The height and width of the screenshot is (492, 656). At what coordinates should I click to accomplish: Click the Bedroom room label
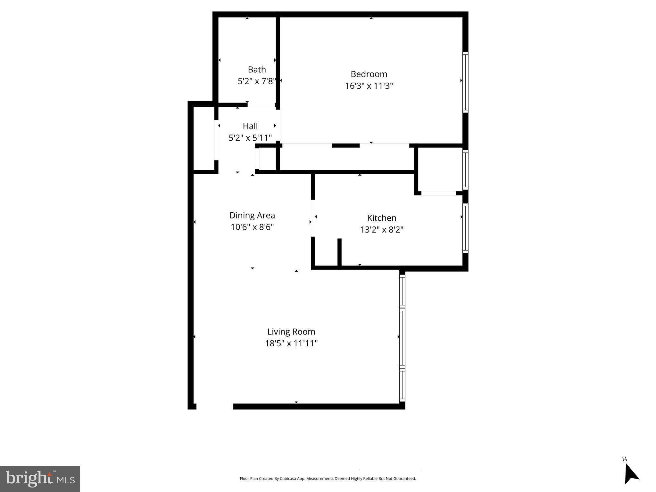point(369,74)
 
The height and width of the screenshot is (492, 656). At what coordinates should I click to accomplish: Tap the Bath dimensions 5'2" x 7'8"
point(257,81)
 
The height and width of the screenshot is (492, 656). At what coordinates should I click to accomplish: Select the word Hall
point(250,126)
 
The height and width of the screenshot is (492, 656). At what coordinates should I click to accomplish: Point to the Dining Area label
point(252,215)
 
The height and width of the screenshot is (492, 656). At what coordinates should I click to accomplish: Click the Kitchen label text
point(382,218)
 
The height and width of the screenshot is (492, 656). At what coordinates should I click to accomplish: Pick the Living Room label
point(291,332)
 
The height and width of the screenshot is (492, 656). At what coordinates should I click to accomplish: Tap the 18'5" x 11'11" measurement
point(291,343)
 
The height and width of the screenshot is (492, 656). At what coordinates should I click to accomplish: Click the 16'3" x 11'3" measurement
point(369,86)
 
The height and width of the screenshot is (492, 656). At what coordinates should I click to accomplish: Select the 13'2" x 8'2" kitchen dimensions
point(382,230)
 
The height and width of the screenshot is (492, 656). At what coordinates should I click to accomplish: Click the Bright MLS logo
point(40,479)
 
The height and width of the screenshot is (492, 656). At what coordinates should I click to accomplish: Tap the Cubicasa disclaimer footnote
point(328,479)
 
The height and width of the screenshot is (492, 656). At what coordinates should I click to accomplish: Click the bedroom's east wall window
point(465,82)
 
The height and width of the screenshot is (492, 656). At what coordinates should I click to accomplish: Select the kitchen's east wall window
point(465,228)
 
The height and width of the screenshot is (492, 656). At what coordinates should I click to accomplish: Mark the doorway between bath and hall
point(261,105)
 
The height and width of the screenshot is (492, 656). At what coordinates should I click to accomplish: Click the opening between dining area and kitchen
point(313,218)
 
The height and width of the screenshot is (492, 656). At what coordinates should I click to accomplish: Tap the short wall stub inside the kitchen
point(339,252)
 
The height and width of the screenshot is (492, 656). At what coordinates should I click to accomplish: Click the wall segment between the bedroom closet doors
point(345,145)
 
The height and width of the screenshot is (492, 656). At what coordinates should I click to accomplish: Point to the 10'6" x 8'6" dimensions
point(252,227)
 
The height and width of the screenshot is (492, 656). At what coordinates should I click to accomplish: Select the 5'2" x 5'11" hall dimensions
point(250,138)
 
